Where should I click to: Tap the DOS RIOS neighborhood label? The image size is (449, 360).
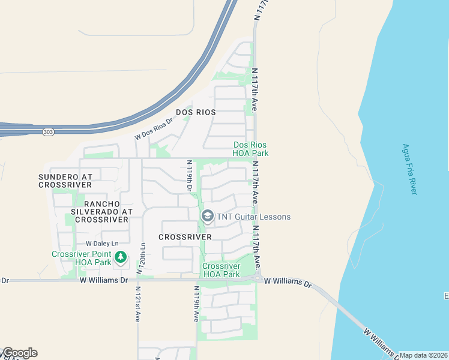click(196, 112)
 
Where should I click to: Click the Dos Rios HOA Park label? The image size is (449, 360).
click(250, 149)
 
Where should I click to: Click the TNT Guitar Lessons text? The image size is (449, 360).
click(254, 217)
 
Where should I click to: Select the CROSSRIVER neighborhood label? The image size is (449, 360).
click(185, 237)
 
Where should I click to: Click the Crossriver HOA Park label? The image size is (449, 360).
click(221, 270)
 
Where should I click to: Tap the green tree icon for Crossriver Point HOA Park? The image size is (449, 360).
click(121, 257)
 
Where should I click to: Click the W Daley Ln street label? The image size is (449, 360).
click(102, 244)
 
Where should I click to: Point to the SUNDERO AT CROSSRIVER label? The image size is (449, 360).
click(65, 181)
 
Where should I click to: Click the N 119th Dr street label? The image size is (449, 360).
click(189, 175)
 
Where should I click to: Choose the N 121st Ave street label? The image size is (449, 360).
click(137, 308)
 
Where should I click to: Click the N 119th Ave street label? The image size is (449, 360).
click(196, 304)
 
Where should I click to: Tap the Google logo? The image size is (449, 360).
click(19, 353)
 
